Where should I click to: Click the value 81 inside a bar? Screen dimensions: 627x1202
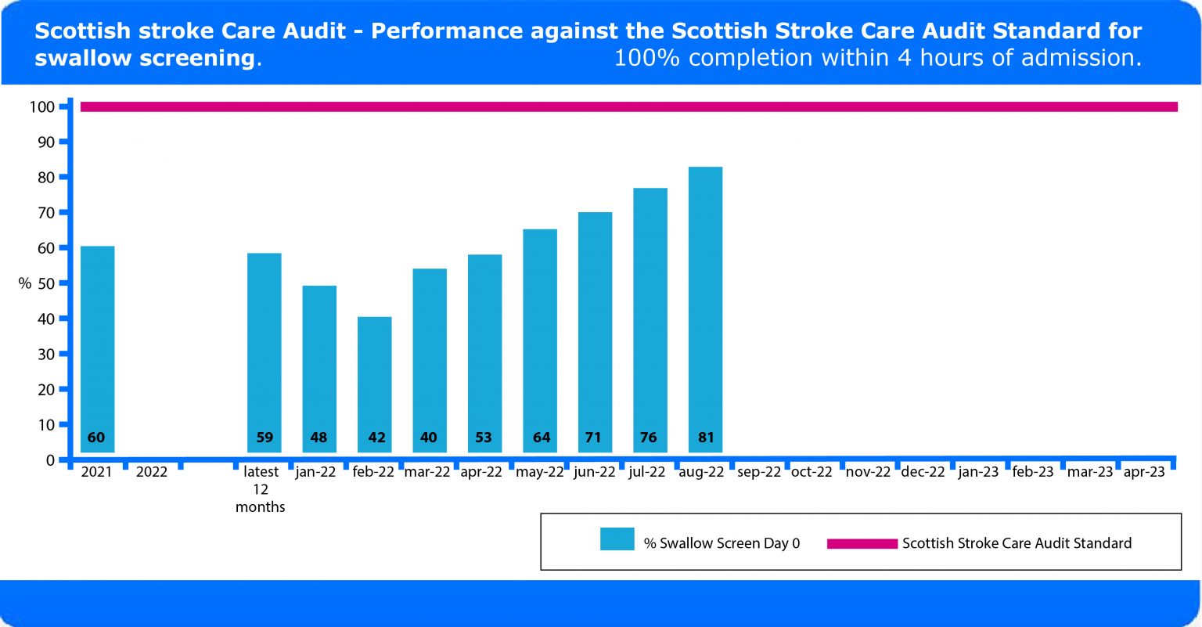pos(706,438)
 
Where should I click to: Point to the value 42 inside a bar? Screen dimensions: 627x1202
pos(376,438)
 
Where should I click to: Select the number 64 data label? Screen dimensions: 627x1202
pos(542,438)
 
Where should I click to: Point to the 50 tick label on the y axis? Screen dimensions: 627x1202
pos(45,283)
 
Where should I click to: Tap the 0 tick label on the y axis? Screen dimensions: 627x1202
pos(50,460)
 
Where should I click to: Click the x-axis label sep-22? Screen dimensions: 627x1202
pos(759,472)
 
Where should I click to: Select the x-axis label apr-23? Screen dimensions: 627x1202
pos(1144,472)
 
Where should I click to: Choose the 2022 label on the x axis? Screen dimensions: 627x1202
pos(152,472)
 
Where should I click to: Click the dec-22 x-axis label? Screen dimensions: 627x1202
pos(923,472)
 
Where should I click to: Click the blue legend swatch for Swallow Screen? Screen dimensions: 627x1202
pos(617,539)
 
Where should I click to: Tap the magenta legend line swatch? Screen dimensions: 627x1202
pos(862,543)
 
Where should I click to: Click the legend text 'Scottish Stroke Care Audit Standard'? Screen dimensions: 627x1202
pos(1017,543)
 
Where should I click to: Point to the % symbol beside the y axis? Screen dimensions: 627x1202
pos(25,283)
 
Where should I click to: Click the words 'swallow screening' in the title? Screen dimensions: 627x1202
pos(145,58)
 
